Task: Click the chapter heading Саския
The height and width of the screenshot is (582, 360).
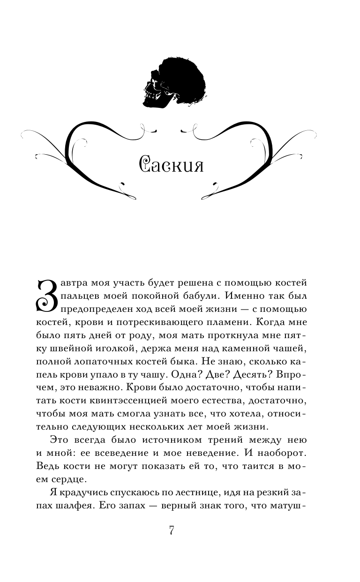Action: [172, 165]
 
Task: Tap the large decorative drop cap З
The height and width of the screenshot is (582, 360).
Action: [47, 296]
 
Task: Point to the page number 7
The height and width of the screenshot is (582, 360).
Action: [172, 530]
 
